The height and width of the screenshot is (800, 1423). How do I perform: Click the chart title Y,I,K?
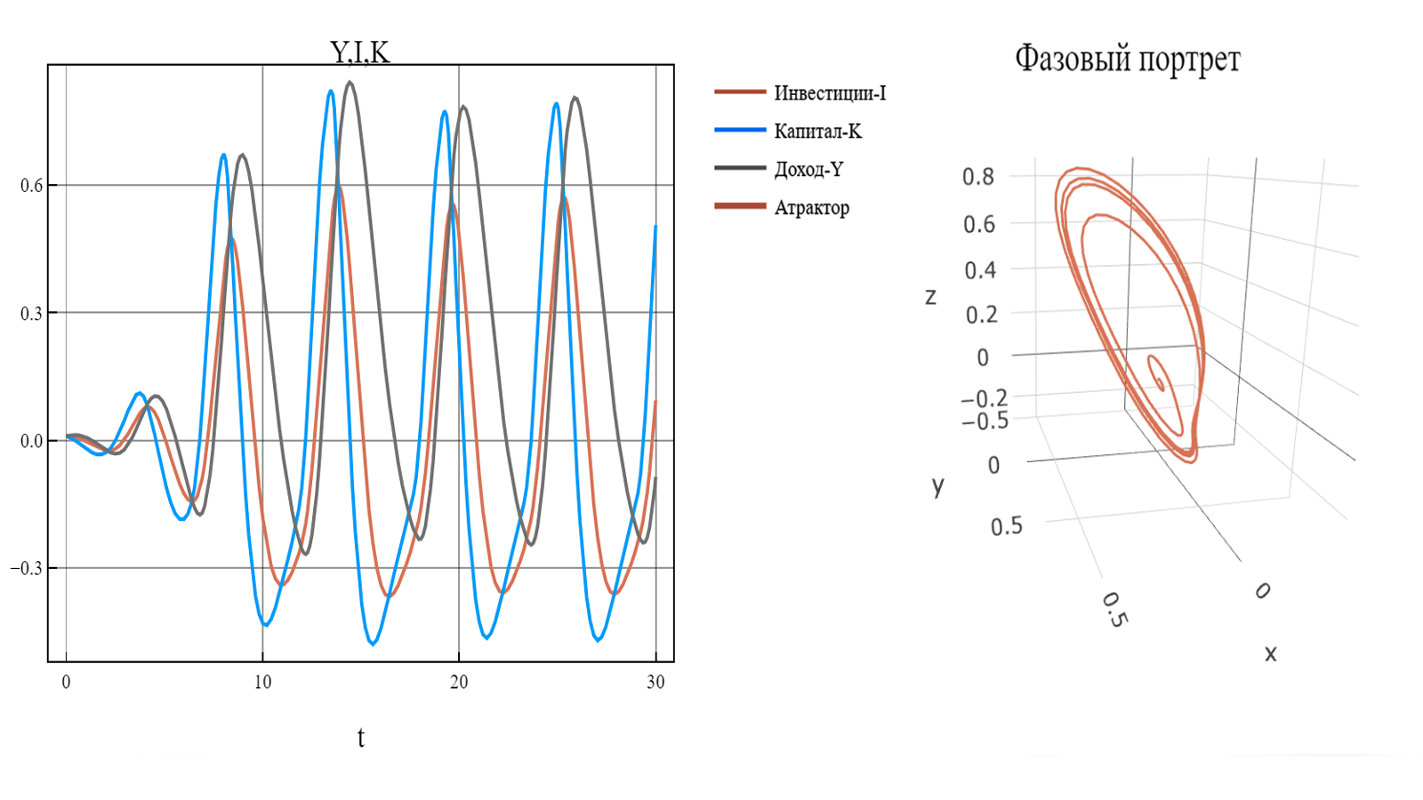(x=360, y=52)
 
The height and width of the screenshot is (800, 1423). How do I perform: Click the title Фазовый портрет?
(x=1127, y=60)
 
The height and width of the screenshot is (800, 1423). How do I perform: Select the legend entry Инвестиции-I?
(x=830, y=92)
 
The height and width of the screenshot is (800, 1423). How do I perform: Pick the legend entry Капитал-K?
(x=817, y=131)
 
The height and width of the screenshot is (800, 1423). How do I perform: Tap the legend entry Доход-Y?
(x=808, y=169)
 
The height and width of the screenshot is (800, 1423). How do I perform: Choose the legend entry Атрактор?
(x=811, y=207)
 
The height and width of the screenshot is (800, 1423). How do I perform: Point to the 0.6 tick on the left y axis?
(x=31, y=186)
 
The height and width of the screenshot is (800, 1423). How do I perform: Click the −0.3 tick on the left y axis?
(x=27, y=568)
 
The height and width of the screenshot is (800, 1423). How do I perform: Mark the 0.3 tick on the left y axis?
(x=31, y=313)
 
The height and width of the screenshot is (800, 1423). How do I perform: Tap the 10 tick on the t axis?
(x=262, y=682)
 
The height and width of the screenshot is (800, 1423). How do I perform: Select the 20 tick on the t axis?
(x=459, y=682)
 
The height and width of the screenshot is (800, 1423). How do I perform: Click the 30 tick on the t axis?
(x=655, y=682)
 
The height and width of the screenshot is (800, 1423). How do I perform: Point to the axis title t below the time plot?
(x=360, y=737)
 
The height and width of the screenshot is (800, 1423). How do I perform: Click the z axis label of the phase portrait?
(x=930, y=297)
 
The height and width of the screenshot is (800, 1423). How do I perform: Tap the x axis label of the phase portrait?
(x=1270, y=654)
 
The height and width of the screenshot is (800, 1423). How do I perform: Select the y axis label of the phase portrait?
(x=937, y=485)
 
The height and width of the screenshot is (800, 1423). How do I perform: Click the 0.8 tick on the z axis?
(x=978, y=176)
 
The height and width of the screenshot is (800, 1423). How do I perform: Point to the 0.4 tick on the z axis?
(x=980, y=269)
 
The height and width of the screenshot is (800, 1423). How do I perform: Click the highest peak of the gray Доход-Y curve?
(x=350, y=83)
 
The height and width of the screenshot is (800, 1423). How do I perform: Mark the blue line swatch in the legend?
(x=740, y=131)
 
